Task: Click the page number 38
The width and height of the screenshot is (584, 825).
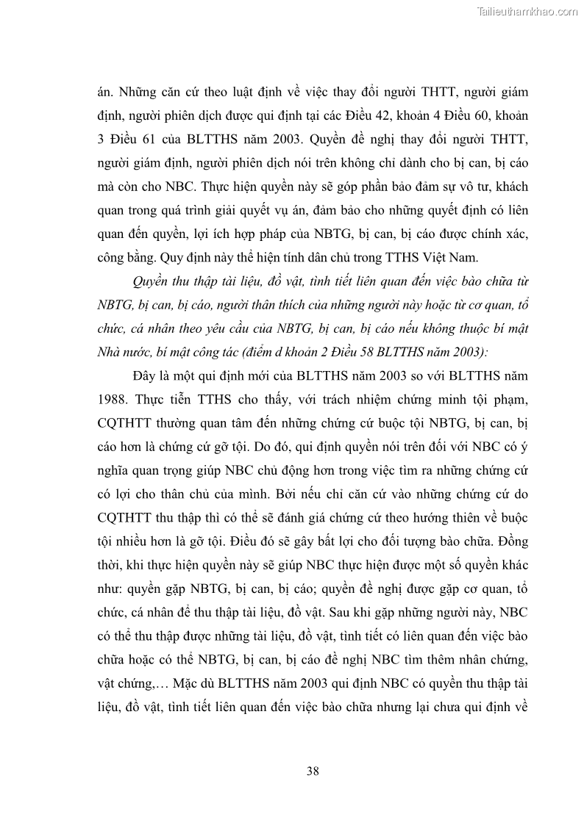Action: point(312,771)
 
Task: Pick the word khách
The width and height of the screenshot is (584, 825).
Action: point(507,186)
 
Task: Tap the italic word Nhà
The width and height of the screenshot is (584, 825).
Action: point(109,352)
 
